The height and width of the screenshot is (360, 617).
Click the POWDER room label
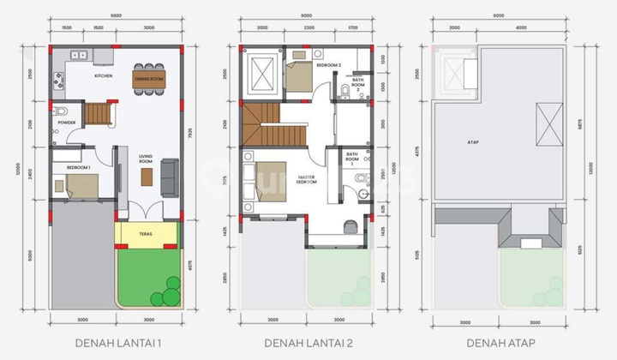(x=67, y=122)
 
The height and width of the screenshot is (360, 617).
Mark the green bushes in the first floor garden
(x=165, y=297)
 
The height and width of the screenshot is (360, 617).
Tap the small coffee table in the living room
(x=147, y=176)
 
